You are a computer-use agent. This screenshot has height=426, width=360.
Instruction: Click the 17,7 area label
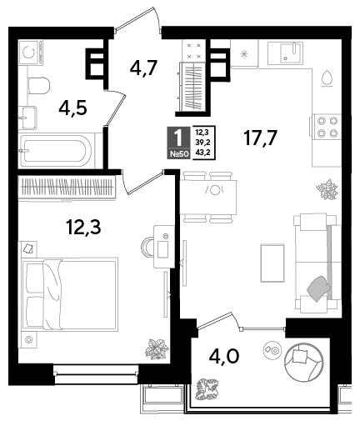coord(260,138)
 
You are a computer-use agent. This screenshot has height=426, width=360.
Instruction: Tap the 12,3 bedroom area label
coord(83,227)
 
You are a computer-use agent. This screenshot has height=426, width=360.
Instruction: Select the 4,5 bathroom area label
coord(72,108)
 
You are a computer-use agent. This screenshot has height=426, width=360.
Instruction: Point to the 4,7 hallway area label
coord(143,68)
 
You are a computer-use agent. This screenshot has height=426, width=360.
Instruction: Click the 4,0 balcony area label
coord(224,356)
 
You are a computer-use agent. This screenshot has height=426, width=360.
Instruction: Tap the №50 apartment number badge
coord(179,154)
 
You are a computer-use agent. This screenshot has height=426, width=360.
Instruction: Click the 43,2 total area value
coord(202,153)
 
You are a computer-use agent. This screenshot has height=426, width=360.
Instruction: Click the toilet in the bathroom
coord(38,86)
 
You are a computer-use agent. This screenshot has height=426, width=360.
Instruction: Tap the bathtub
coord(57,150)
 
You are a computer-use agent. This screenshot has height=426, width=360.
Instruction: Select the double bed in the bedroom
coord(69,294)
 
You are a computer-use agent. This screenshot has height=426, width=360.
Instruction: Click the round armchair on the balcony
coord(304,362)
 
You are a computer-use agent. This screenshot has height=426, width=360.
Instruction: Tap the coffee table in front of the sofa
coord(272,263)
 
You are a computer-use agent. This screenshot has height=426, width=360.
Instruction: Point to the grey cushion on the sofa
coord(318,288)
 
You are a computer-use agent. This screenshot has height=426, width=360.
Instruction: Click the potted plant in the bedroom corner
coord(157,349)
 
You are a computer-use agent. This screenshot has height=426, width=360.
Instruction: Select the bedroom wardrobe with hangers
coord(67,187)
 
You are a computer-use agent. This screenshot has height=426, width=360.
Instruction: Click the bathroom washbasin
coord(27,118)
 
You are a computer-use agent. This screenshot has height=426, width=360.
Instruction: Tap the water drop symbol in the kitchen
coord(327,78)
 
